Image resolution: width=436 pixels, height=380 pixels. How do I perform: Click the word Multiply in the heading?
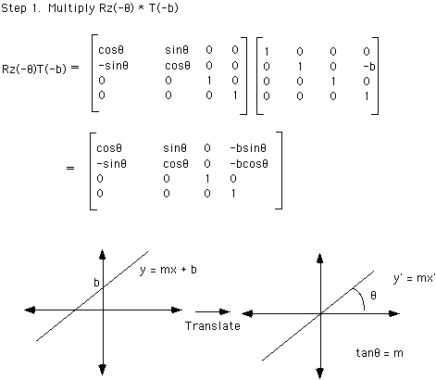pyautogui.click(x=71, y=8)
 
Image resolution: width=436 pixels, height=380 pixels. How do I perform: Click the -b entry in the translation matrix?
pyautogui.click(x=369, y=66)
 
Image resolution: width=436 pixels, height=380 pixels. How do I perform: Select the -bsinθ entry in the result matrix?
pyautogui.click(x=248, y=148)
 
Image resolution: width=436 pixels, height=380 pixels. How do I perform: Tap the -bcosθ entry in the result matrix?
pyautogui.click(x=249, y=163)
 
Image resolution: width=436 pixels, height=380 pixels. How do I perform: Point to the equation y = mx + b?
pyautogui.click(x=168, y=270)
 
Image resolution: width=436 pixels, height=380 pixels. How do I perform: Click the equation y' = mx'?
pyautogui.click(x=414, y=278)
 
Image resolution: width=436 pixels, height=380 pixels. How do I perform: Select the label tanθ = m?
pyautogui.click(x=380, y=352)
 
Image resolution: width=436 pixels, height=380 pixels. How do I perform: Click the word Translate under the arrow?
pyautogui.click(x=213, y=326)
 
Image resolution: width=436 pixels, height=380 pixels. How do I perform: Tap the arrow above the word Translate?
pyautogui.click(x=213, y=311)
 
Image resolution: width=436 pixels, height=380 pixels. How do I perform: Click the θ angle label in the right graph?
pyautogui.click(x=373, y=296)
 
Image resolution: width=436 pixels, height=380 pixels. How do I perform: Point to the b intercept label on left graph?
pyautogui.click(x=96, y=283)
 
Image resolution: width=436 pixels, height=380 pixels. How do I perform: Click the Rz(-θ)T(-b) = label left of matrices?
pyautogui.click(x=41, y=69)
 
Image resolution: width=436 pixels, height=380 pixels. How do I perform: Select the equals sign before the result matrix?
pyautogui.click(x=70, y=169)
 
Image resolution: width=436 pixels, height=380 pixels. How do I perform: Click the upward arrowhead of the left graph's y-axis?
pyautogui.click(x=103, y=254)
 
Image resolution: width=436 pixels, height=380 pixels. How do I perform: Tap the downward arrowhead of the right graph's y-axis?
pyautogui.click(x=320, y=374)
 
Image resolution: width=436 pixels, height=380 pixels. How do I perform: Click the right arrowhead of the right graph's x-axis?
pyautogui.click(x=394, y=314)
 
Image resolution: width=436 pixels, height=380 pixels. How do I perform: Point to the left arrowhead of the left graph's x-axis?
pyautogui.click(x=30, y=310)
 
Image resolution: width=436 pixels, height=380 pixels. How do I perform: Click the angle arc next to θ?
pyautogui.click(x=360, y=298)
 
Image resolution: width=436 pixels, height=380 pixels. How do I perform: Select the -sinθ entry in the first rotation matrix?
pyautogui.click(x=113, y=66)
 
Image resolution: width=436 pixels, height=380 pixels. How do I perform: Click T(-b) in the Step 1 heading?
pyautogui.click(x=164, y=8)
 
